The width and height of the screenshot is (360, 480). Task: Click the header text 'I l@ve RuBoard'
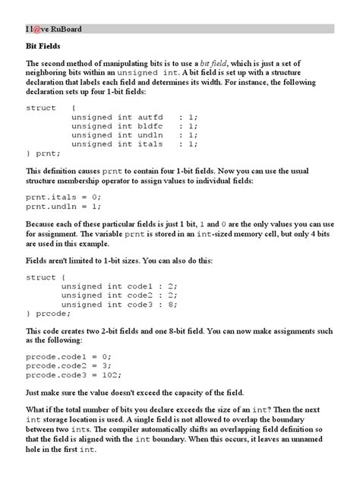tap(53, 30)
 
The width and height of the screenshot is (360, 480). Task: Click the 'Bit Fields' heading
tap(46, 48)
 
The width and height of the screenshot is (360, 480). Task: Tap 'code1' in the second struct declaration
tap(141, 287)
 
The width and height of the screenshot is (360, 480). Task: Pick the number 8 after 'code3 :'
tap(172, 305)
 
